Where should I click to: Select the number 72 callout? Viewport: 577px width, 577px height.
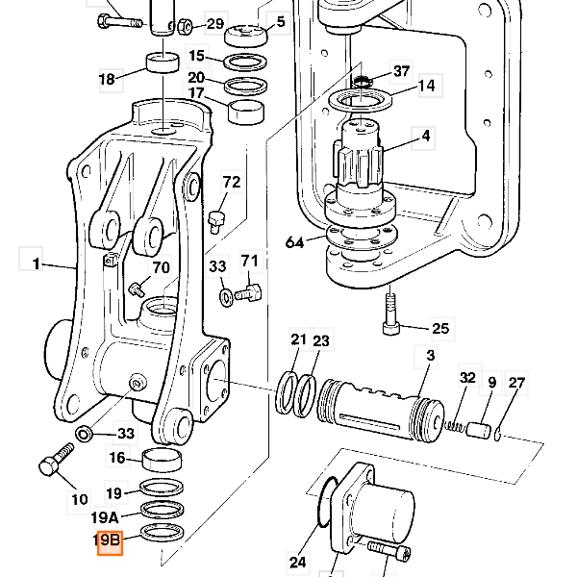pos(232,182)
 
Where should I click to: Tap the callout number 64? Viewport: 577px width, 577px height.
pos(295,242)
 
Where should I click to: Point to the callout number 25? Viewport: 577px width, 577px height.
pos(440,328)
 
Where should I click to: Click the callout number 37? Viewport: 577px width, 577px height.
pos(401,71)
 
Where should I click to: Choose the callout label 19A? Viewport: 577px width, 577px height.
pos(105,517)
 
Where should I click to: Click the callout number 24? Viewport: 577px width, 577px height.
pos(298,562)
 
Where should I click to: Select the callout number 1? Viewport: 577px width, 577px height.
pos(36,263)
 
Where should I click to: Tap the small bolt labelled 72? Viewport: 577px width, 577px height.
pos(216,221)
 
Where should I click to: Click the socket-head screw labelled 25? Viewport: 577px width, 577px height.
pos(390,314)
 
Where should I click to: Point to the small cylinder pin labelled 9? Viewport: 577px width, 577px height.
pos(478,430)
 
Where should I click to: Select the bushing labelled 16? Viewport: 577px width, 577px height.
pos(162,460)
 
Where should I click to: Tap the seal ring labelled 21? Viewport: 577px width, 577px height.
pos(287,392)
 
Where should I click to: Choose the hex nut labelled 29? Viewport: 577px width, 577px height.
pos(185,27)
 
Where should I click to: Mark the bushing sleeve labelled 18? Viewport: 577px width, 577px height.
pos(163,63)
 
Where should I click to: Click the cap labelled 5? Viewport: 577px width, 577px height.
pos(246,37)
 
